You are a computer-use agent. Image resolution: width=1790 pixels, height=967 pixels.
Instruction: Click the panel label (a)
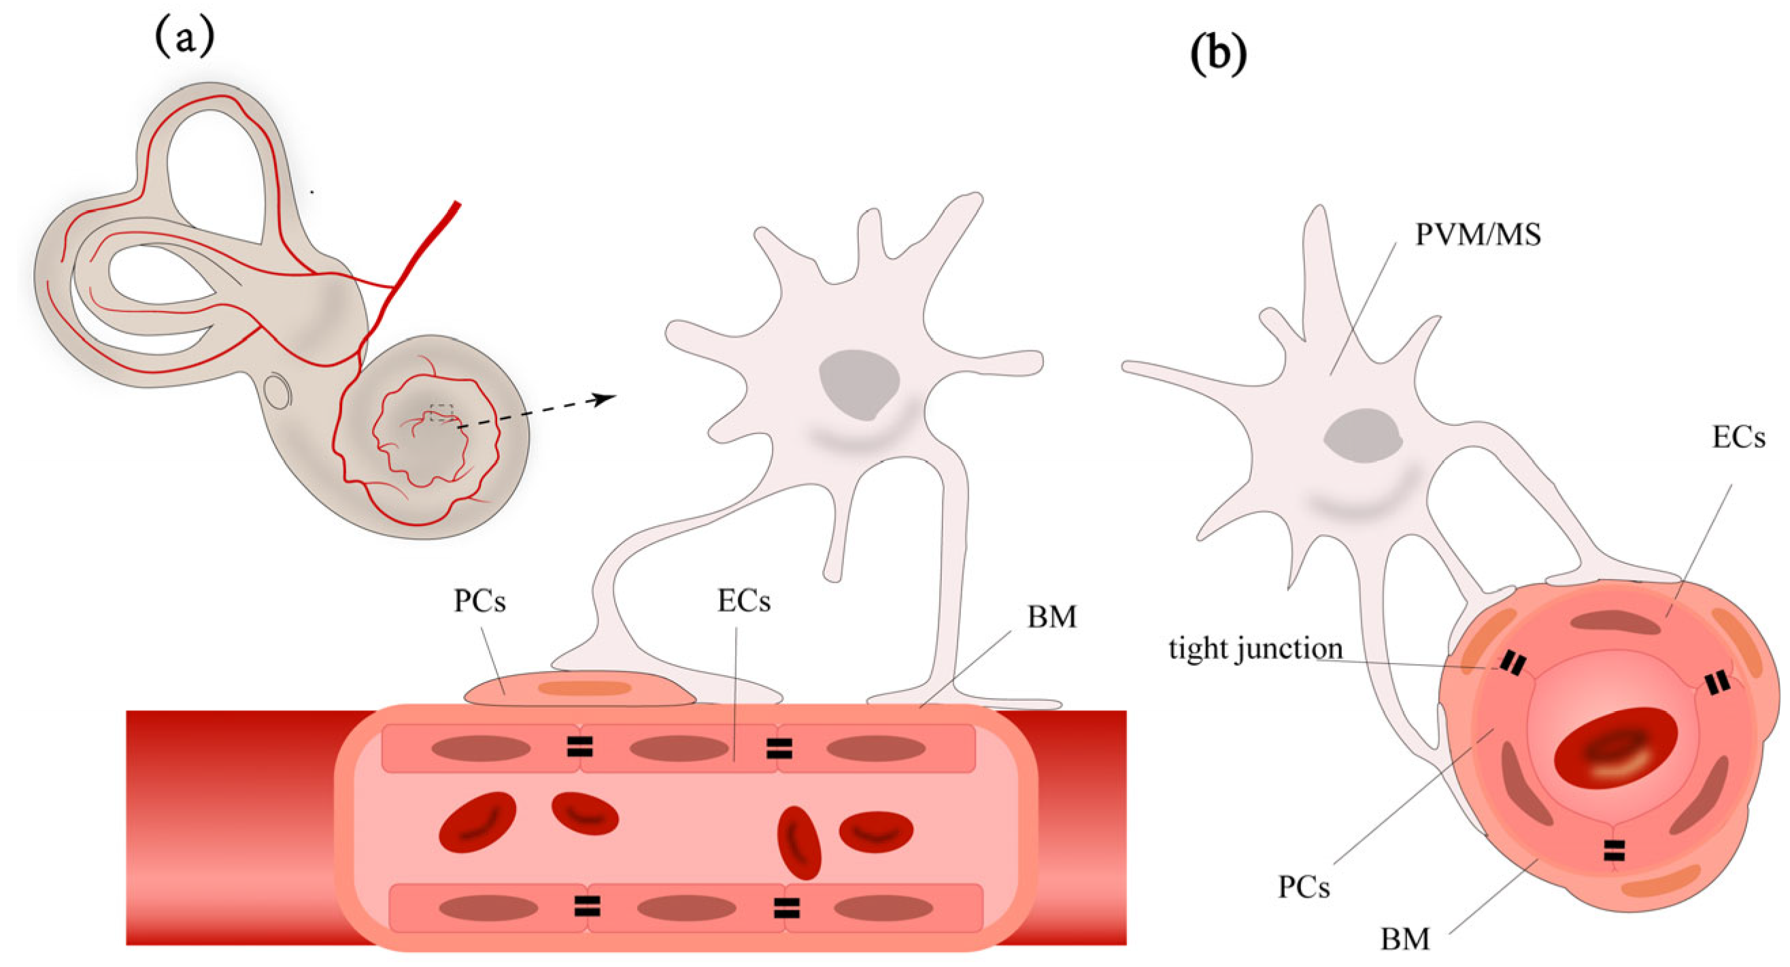[184, 38]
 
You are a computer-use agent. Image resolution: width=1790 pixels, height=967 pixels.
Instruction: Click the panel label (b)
[1218, 54]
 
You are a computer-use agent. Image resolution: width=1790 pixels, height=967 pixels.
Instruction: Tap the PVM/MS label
[1478, 235]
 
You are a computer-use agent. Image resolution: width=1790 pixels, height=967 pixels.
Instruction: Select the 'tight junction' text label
[1255, 649]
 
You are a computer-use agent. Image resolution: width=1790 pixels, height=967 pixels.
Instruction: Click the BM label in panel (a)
[1051, 617]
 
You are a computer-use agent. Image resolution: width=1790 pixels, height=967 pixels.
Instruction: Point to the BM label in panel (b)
[1405, 939]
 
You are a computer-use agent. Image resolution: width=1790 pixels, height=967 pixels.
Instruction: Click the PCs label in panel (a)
[479, 602]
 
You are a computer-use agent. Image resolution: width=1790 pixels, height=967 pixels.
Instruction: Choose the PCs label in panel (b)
[1304, 888]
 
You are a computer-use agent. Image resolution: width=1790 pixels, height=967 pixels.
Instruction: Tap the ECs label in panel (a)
[743, 602]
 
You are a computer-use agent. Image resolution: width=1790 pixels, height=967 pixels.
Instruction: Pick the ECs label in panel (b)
[1738, 438]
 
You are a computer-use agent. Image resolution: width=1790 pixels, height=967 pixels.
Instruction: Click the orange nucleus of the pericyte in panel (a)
[584, 689]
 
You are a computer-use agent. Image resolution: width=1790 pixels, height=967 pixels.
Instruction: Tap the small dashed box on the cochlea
[441, 413]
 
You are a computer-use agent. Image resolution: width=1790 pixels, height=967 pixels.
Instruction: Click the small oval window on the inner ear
[278, 391]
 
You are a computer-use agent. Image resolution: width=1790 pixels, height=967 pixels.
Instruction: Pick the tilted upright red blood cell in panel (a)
[799, 842]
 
